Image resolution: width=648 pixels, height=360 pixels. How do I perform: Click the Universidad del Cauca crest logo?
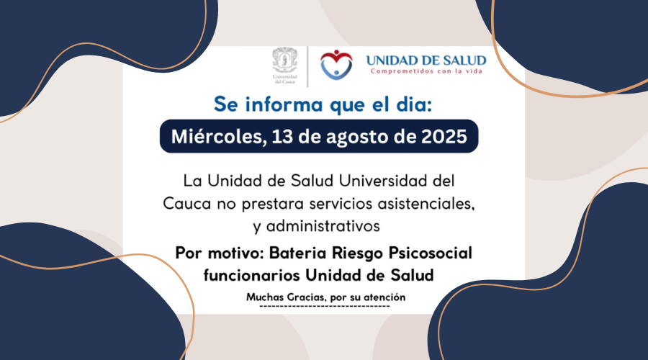click(x=284, y=66)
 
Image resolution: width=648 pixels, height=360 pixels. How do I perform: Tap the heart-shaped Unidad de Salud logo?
click(x=336, y=65)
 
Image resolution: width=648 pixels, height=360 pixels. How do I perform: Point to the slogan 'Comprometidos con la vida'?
click(x=426, y=71)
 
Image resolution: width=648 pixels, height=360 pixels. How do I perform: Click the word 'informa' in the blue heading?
click(x=283, y=104)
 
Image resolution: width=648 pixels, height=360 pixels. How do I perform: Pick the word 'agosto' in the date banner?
click(x=356, y=138)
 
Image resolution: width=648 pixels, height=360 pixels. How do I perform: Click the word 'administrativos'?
click(x=323, y=226)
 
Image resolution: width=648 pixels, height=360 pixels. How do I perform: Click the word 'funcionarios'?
click(x=252, y=275)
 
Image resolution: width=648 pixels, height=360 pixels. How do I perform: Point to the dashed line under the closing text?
click(x=325, y=306)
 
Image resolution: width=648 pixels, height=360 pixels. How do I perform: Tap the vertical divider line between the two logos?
click(x=307, y=66)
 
